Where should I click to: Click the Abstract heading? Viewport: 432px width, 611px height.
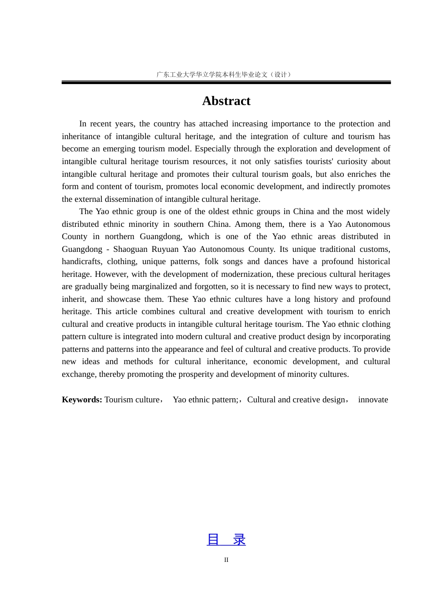(226, 101)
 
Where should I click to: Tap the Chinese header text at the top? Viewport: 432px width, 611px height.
(224, 75)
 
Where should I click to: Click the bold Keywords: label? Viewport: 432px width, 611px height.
(82, 400)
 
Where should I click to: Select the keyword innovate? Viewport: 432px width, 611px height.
(373, 400)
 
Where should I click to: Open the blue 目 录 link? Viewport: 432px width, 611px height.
(226, 540)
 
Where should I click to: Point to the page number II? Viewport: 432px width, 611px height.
(226, 560)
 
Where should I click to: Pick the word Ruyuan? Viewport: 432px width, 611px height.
(165, 249)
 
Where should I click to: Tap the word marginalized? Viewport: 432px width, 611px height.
(154, 286)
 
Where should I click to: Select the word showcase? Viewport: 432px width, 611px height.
(124, 299)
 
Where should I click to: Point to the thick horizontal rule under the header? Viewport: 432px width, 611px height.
(226, 82)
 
